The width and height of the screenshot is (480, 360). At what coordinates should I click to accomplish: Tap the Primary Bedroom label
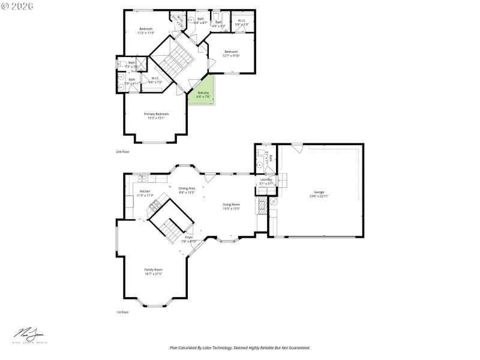point(156,115)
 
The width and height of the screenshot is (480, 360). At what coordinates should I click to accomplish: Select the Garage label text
point(319,194)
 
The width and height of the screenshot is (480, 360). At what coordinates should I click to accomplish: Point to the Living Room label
point(231,206)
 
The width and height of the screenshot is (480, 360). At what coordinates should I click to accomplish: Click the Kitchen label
point(145,193)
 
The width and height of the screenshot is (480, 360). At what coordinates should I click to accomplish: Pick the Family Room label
point(153,271)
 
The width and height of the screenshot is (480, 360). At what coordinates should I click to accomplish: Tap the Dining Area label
point(187,190)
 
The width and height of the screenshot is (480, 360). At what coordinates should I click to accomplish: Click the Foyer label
point(189,238)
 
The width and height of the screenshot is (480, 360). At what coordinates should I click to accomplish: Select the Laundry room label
point(266,181)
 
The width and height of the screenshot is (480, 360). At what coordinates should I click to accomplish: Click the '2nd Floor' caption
point(122,152)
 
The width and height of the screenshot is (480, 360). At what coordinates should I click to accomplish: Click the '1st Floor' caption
point(122,312)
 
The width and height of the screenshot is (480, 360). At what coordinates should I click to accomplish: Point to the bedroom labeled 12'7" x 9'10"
point(232,53)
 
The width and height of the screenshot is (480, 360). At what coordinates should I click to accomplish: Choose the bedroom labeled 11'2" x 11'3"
point(146,31)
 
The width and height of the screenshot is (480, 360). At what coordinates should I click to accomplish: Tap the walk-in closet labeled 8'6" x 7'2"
point(155,80)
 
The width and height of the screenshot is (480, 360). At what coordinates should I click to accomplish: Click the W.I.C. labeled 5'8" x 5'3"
point(241,22)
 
